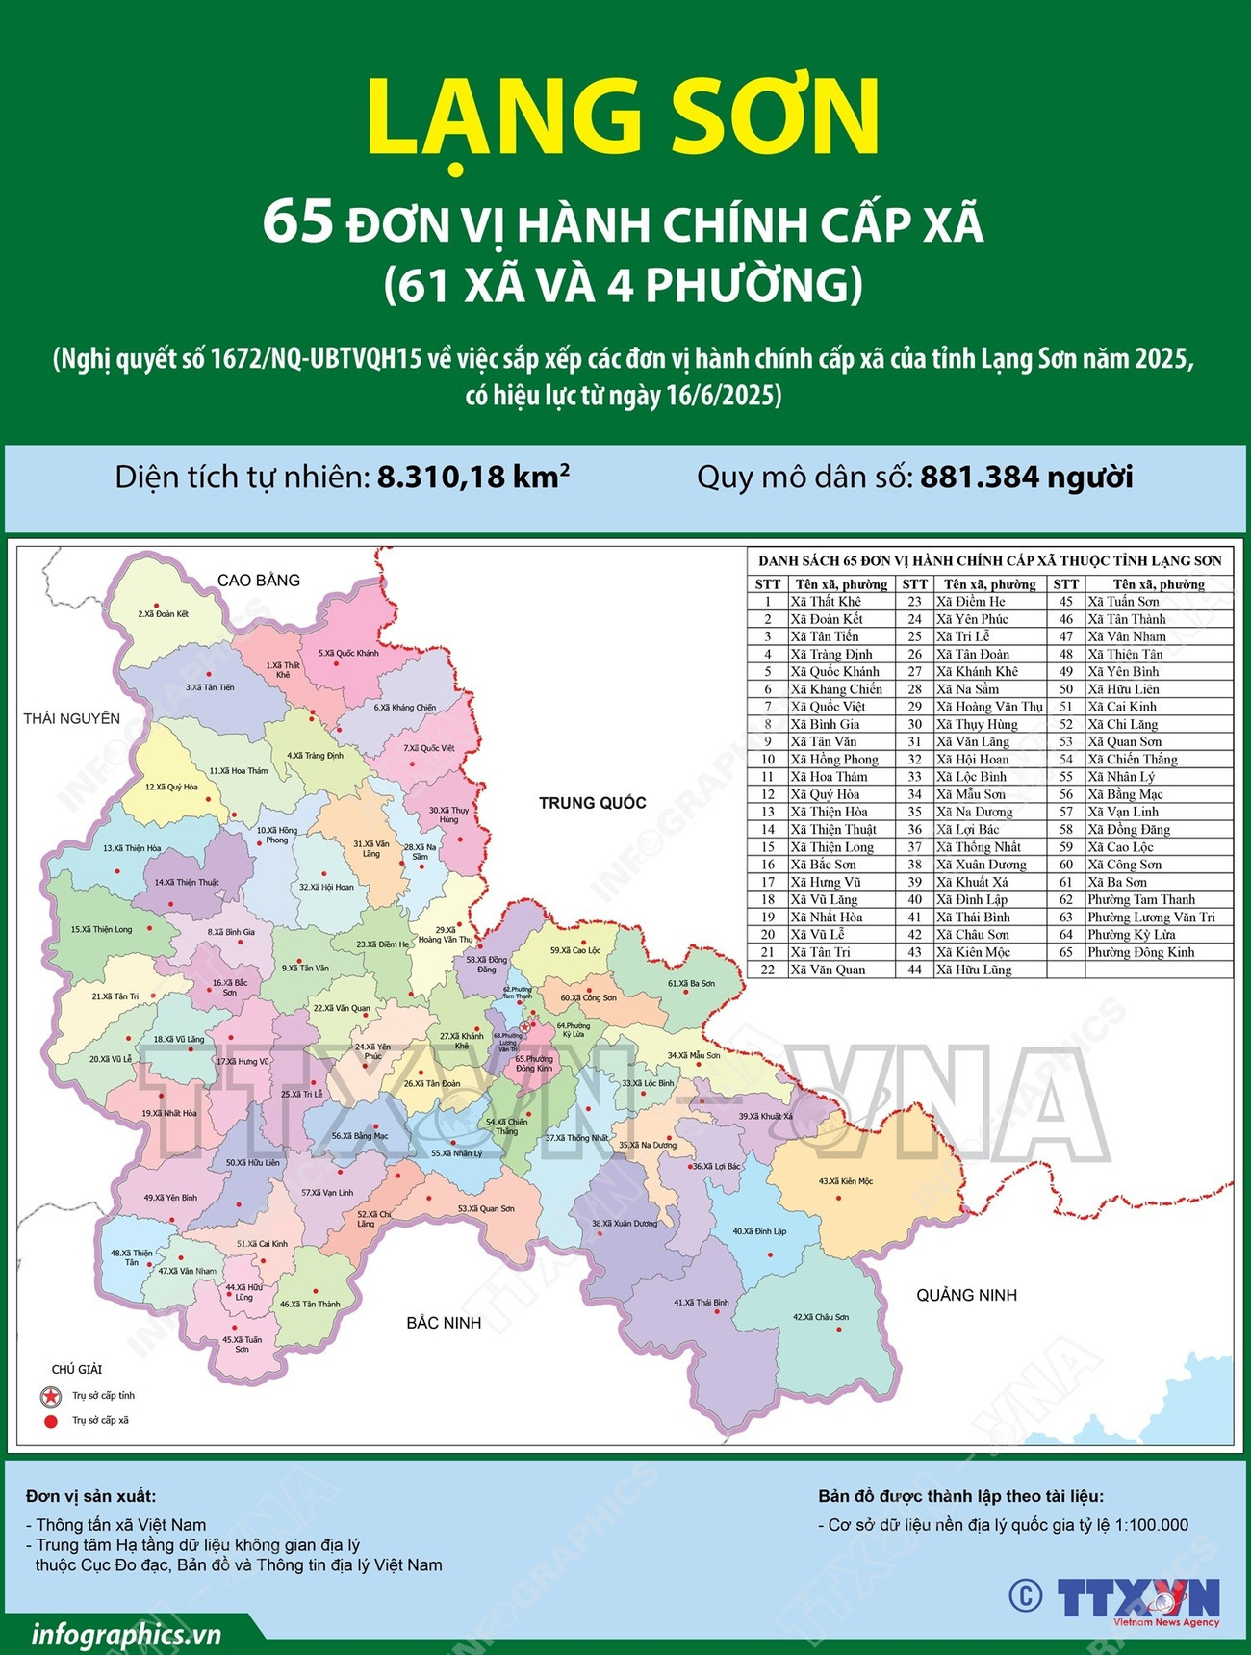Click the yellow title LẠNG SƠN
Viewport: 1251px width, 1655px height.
click(x=624, y=117)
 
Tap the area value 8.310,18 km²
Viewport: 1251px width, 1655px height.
click(x=472, y=477)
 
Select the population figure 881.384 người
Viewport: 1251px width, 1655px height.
click(x=1026, y=477)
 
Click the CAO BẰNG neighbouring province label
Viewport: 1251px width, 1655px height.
click(x=258, y=581)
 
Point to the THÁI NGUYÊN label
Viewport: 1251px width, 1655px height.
click(x=72, y=718)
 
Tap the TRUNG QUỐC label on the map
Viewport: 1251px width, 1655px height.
click(x=592, y=803)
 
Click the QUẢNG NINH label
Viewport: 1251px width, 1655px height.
click(x=966, y=1295)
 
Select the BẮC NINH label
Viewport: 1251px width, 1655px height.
click(x=444, y=1323)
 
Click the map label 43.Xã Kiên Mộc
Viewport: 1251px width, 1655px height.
click(x=845, y=1181)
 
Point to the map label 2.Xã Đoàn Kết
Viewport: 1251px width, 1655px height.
click(x=163, y=613)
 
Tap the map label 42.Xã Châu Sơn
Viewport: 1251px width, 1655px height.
click(x=820, y=1317)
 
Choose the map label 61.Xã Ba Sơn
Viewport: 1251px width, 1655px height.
click(x=691, y=984)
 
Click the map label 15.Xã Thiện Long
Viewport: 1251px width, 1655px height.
click(x=101, y=930)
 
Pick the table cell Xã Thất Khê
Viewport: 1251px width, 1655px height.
click(x=826, y=602)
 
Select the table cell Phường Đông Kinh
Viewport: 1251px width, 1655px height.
click(x=1141, y=952)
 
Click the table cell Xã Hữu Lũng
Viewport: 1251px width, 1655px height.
click(x=974, y=970)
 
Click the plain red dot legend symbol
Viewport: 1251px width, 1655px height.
click(x=50, y=1420)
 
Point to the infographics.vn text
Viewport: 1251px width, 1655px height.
click(x=126, y=1635)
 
